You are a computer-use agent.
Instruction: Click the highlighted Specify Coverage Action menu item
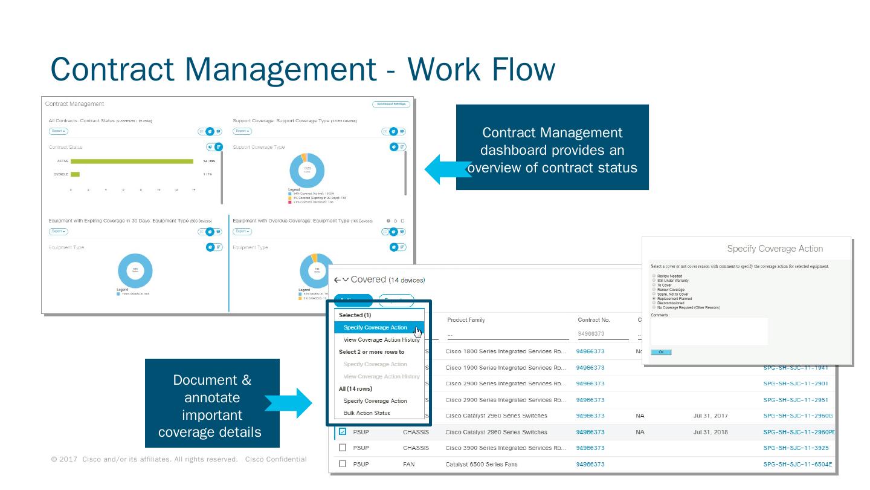[375, 328]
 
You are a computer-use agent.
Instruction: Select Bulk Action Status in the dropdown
[367, 413]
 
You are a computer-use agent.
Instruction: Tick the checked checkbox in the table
[343, 432]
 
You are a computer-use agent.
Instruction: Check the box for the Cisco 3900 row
[343, 448]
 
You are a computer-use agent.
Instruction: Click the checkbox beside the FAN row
[343, 464]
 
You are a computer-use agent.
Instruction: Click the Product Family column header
[466, 320]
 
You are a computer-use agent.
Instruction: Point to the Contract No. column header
[594, 320]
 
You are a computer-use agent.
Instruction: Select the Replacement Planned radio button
[654, 299]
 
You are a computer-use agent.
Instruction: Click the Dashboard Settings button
[391, 104]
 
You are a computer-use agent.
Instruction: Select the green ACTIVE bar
[132, 162]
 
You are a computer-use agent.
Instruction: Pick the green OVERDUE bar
[75, 174]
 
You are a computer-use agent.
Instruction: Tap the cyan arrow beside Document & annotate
[289, 402]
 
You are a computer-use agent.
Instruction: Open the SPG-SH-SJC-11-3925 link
[796, 448]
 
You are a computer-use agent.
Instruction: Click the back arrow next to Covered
[337, 280]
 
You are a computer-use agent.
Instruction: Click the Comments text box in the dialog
[709, 332]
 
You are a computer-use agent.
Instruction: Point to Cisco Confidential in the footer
[275, 460]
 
